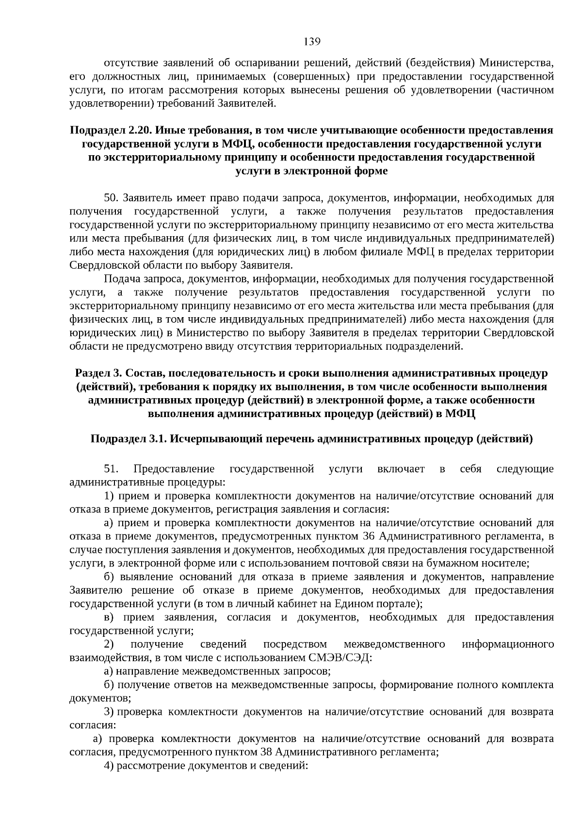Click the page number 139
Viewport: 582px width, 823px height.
312,42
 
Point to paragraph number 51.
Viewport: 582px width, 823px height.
112,469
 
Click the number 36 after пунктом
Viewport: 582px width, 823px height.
368,536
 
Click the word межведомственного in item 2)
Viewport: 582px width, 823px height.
394,645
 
